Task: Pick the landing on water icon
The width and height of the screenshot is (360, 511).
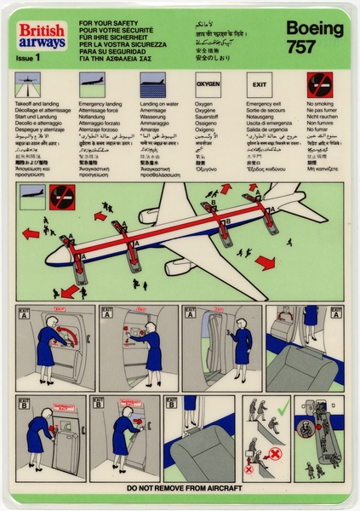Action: (152, 86)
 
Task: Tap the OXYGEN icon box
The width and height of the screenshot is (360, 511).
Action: (208, 86)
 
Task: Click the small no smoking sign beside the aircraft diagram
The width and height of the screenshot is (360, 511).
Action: (60, 198)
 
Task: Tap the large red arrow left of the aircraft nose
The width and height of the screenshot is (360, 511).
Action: (31, 233)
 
